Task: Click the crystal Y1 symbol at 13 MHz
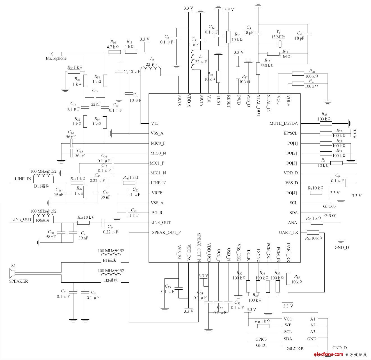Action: pyautogui.click(x=280, y=44)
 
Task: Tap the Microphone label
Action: pyautogui.click(x=56, y=58)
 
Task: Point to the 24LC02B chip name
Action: pyautogui.click(x=295, y=349)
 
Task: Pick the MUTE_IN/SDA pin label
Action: pyautogui.click(x=283, y=123)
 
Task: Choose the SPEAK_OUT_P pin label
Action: pyautogui.click(x=166, y=232)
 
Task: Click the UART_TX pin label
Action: pyautogui.click(x=288, y=232)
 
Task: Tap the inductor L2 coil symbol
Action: pyautogui.click(x=150, y=71)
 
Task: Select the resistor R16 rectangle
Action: pyautogui.click(x=114, y=52)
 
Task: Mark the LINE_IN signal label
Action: pyautogui.click(x=23, y=179)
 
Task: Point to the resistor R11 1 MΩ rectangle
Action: pyautogui.click(x=273, y=54)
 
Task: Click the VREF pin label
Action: pyautogui.click(x=157, y=193)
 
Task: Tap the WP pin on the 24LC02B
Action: pyautogui.click(x=288, y=325)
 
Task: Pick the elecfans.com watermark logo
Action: pyautogui.click(x=332, y=354)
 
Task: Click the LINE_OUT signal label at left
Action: pyautogui.click(x=21, y=219)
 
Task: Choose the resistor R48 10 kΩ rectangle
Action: pyautogui.click(x=83, y=223)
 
